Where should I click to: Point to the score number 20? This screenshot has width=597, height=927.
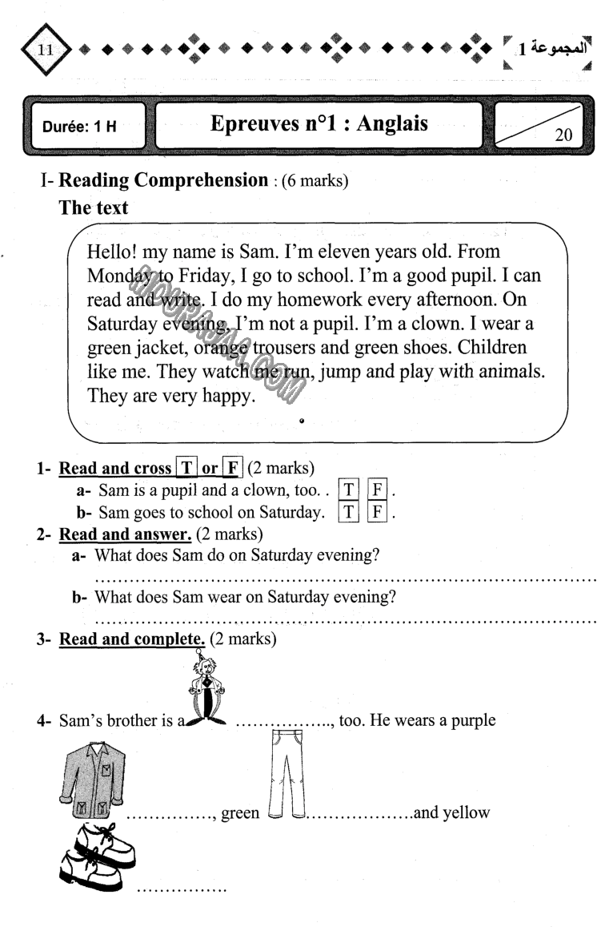563,134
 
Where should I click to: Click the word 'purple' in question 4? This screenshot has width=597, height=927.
471,720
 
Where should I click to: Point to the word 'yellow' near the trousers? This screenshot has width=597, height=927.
463,813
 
